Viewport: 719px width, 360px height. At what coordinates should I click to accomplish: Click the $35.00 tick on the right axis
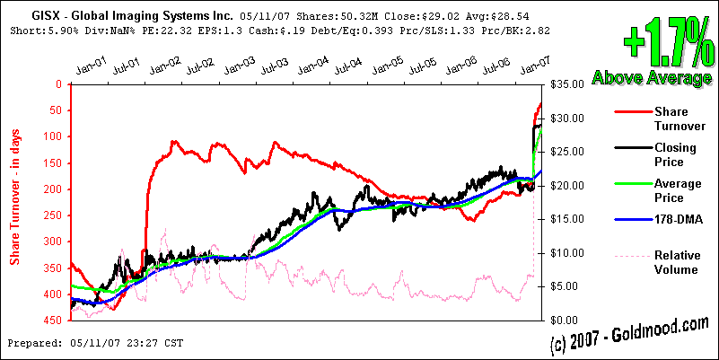pyautogui.click(x=566, y=84)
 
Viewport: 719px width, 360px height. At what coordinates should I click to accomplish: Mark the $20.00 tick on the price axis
pyautogui.click(x=566, y=186)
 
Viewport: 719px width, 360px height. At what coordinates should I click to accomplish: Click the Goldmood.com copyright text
pyautogui.click(x=629, y=335)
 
